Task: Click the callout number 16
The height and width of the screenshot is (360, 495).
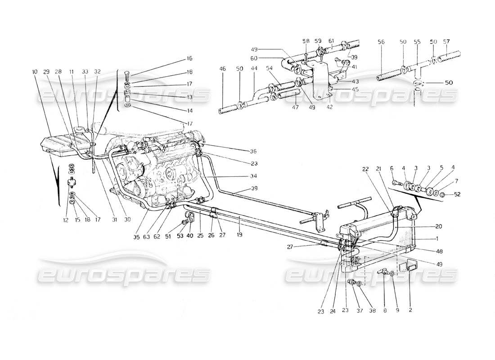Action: click(189, 58)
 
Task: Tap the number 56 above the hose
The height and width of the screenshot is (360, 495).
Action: click(381, 41)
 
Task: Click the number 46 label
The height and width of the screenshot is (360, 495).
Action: click(222, 68)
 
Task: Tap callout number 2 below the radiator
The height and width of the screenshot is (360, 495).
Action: click(410, 310)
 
